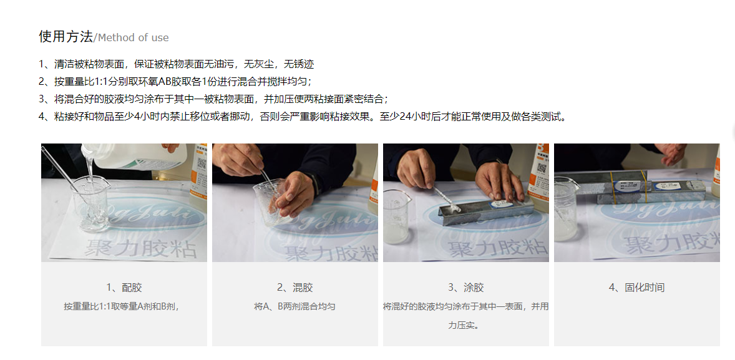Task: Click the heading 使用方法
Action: pos(66,37)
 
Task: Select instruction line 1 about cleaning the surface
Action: pos(176,64)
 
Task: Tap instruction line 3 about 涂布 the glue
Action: pos(214,99)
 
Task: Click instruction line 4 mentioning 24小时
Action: pos(303,117)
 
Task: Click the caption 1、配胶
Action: pos(124,288)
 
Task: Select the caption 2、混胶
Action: pos(295,288)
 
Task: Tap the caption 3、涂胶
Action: pos(466,288)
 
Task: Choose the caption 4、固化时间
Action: pos(636,288)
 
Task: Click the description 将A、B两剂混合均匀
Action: pos(295,306)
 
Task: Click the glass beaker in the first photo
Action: pos(90,204)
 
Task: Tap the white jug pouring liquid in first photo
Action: pos(134,157)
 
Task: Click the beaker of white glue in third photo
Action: pos(397,216)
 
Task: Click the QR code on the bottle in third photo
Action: pos(542,168)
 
